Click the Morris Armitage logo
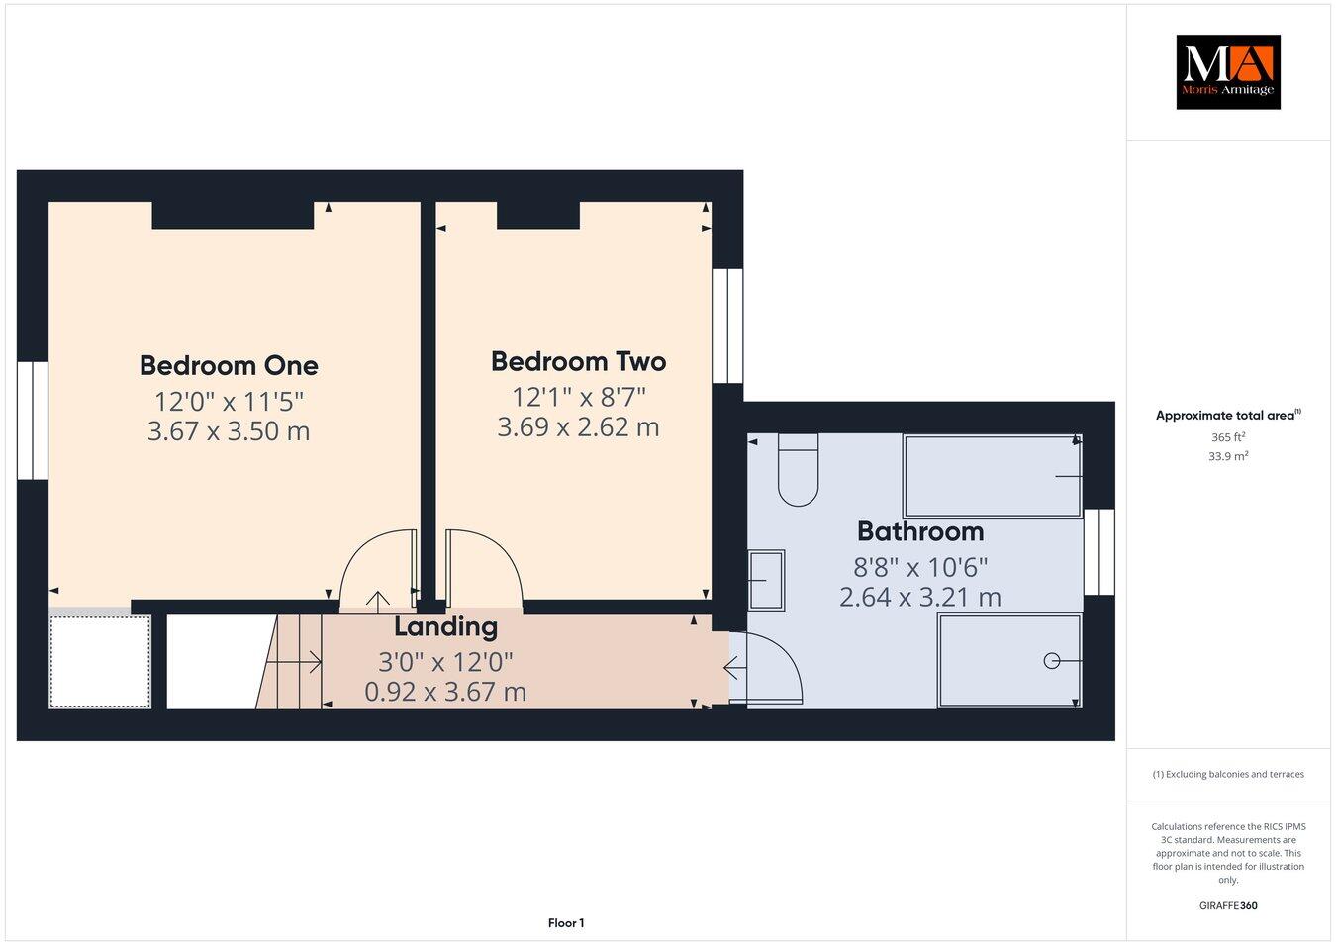(x=1227, y=72)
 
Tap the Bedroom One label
(x=229, y=365)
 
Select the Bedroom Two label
(x=578, y=361)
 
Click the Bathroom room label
(x=919, y=531)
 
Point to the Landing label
(x=445, y=626)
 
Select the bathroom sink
(x=766, y=580)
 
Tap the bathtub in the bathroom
(x=992, y=476)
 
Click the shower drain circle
(x=1052, y=660)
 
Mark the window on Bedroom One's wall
(x=33, y=421)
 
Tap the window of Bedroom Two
(x=727, y=326)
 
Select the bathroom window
(x=1098, y=552)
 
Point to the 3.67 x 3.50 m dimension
(x=229, y=431)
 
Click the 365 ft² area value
(x=1227, y=436)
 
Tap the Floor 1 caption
(x=566, y=923)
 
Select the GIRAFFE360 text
(x=1227, y=904)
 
